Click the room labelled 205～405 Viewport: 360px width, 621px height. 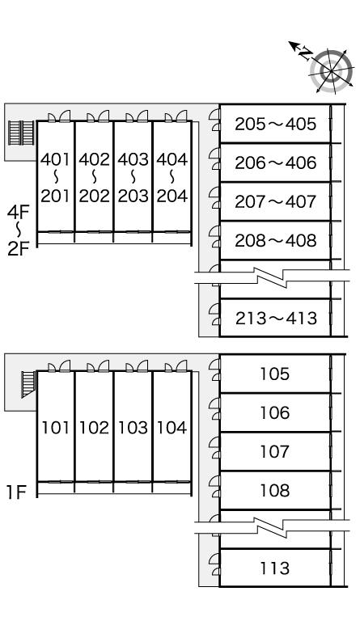click(276, 124)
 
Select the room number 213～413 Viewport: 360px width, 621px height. click(276, 318)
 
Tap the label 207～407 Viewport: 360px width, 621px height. click(276, 201)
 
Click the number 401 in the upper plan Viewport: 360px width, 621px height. click(55, 159)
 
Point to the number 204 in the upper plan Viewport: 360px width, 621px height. click(172, 196)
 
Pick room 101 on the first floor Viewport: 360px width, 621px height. click(56, 428)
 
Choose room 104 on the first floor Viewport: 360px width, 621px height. click(172, 428)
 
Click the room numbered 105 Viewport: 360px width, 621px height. click(275, 374)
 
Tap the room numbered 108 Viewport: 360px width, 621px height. click(275, 490)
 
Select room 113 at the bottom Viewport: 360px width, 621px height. click(275, 568)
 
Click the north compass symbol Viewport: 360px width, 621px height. click(332, 71)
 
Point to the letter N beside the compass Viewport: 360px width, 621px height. click(305, 53)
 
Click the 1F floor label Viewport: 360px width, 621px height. click(16, 492)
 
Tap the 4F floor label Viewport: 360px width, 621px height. click(19, 213)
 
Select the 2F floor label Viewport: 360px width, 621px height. click(19, 249)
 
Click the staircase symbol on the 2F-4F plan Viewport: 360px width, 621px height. click(21, 133)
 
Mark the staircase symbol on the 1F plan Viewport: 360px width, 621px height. click(28, 383)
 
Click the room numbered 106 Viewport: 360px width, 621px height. click(275, 412)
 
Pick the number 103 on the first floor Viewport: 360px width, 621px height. click(133, 428)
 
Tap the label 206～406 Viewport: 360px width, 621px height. click(276, 163)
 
